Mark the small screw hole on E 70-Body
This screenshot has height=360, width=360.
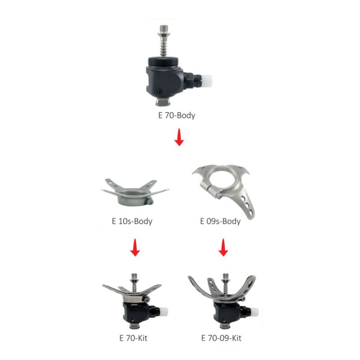pos(161,92)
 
